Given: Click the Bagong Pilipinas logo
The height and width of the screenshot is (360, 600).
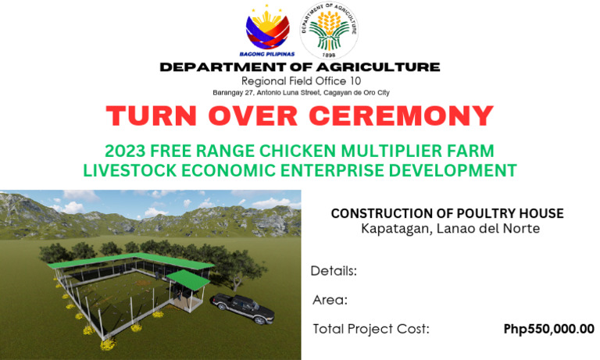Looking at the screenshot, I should [x=267, y=30].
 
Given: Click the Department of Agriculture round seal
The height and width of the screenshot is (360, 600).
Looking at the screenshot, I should [x=330, y=30].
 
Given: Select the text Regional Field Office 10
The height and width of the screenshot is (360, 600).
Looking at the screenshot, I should [x=300, y=81].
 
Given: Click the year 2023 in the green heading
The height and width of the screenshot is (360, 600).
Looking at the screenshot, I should [x=127, y=151].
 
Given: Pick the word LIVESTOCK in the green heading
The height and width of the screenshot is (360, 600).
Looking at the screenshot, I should [x=139, y=169].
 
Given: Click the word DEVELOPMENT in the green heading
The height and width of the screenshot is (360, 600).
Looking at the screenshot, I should [x=455, y=169].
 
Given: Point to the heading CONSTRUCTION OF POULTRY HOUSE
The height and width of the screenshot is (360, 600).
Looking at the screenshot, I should [x=447, y=213].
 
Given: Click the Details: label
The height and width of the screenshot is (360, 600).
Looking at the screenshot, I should [x=334, y=271].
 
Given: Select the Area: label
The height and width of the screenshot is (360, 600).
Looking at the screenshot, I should [x=330, y=300].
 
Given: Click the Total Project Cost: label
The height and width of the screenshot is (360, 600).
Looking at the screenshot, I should [x=371, y=329].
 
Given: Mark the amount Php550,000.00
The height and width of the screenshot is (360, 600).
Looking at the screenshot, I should [x=548, y=329].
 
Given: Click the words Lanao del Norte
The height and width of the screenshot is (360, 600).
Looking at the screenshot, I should [x=491, y=228].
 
